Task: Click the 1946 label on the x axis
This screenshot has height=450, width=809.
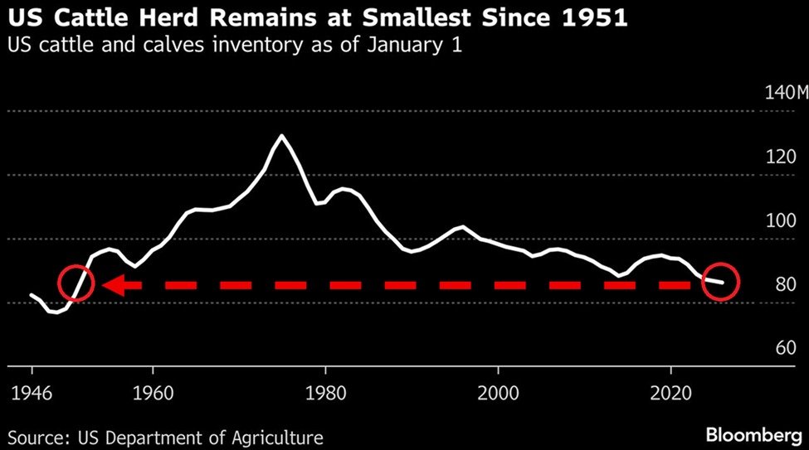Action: click(31, 390)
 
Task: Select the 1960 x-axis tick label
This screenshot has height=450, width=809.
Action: click(153, 390)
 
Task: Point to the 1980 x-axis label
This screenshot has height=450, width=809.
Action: click(325, 390)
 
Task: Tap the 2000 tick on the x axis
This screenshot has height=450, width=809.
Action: click(498, 390)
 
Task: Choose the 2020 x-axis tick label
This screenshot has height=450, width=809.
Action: click(670, 390)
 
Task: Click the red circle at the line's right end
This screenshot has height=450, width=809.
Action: click(720, 282)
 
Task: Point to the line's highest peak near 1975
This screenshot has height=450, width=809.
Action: click(282, 135)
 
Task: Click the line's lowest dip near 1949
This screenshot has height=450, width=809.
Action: click(55, 312)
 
